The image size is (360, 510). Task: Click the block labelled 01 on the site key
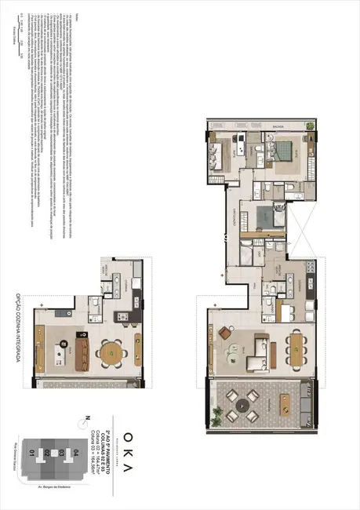[32, 453]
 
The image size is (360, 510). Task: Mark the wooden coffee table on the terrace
[286, 405]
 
